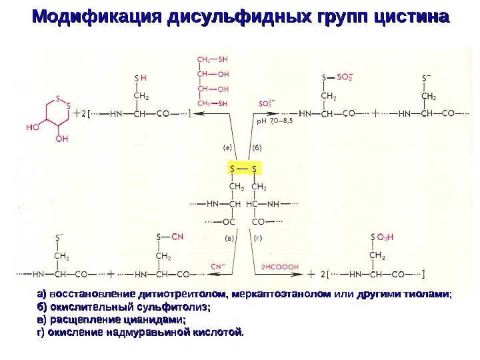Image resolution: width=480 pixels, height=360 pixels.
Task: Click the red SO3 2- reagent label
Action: coord(267,104)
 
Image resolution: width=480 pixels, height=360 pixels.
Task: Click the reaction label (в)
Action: coord(229,237)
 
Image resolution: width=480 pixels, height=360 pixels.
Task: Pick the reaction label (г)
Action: coord(257,237)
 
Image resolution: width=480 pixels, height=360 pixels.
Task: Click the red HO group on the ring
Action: coord(31,125)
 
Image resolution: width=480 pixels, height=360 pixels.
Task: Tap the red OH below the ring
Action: coord(61,139)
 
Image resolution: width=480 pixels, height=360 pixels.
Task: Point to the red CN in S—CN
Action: coord(177,237)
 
